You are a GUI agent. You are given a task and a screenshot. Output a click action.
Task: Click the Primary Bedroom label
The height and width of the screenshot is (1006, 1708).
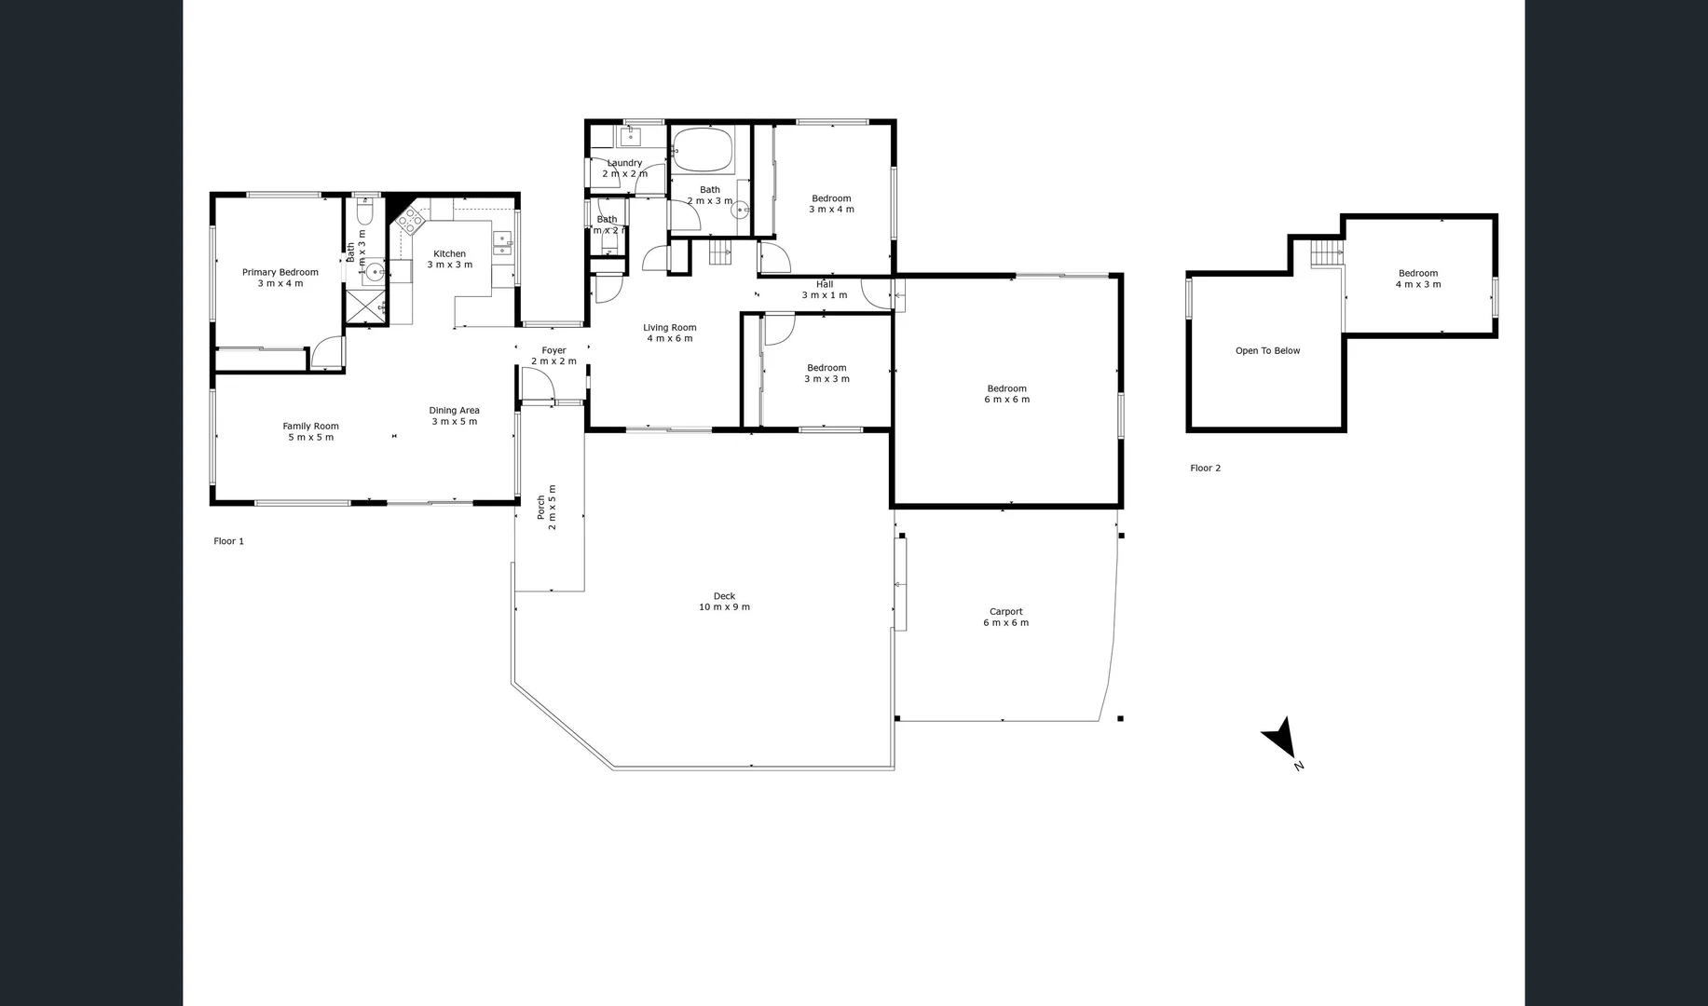(x=280, y=278)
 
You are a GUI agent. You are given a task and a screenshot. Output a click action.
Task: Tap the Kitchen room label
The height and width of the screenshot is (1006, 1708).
(x=449, y=259)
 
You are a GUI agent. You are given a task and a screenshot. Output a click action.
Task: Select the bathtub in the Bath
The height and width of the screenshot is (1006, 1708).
(x=703, y=150)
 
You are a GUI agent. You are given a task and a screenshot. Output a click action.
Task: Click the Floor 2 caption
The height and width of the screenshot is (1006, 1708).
(x=1205, y=469)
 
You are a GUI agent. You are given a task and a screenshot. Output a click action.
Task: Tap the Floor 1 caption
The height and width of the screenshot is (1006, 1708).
(x=228, y=541)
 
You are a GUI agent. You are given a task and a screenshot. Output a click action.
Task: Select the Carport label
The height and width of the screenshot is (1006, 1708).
(x=1005, y=618)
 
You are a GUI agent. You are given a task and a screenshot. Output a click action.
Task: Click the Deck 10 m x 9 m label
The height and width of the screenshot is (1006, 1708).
(x=724, y=602)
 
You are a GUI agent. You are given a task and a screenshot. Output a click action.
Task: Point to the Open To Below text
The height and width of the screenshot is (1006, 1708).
(x=1267, y=351)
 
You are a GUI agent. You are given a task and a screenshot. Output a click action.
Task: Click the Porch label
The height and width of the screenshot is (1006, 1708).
(x=546, y=507)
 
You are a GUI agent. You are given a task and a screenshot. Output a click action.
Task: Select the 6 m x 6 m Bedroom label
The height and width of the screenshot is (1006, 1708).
(x=1006, y=394)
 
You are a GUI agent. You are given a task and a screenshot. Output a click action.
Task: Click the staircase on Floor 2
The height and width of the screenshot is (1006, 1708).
(x=1324, y=252)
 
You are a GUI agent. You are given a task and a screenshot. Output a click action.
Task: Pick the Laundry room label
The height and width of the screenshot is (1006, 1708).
(x=624, y=169)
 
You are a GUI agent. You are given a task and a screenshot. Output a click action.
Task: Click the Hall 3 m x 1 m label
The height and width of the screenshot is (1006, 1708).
(x=825, y=290)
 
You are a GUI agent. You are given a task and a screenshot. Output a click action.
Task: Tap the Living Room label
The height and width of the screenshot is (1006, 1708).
(x=669, y=333)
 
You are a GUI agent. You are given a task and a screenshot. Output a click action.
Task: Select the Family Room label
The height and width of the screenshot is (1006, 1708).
(x=310, y=431)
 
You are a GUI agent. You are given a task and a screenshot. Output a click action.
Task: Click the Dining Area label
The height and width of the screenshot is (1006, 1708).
(x=454, y=415)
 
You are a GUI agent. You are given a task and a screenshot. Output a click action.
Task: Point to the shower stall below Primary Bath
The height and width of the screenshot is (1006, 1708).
(x=365, y=306)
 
